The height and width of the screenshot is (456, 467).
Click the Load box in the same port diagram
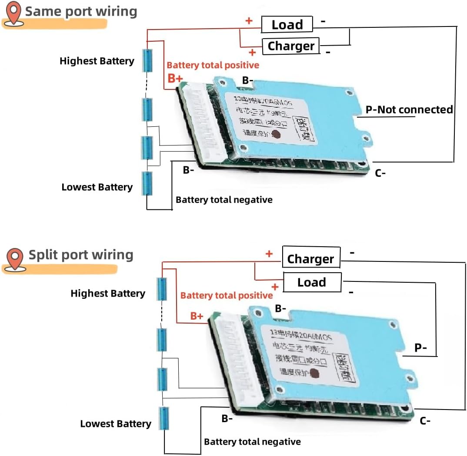[287, 25]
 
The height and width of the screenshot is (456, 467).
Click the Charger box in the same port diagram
[290, 46]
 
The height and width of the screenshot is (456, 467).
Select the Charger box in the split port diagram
[310, 259]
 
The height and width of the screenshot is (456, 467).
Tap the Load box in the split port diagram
[312, 282]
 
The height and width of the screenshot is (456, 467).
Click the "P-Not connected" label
[409, 109]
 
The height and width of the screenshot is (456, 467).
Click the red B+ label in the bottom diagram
[197, 316]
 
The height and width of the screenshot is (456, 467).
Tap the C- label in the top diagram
[380, 173]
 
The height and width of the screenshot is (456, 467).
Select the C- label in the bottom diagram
[425, 420]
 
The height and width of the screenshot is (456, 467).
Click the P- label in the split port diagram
[420, 348]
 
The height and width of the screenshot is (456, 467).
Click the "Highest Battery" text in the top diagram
[97, 61]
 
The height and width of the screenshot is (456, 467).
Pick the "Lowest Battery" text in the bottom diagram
[116, 424]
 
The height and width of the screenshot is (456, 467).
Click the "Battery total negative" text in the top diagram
[224, 200]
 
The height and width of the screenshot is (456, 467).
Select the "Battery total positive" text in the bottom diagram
[227, 295]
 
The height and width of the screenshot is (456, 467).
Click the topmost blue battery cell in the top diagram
[148, 60]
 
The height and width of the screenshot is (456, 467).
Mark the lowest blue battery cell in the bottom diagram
[164, 419]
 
